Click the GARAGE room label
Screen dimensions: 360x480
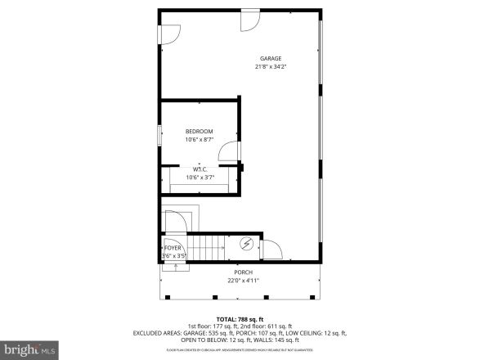click(x=271, y=58)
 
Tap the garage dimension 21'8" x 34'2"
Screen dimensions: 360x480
click(x=271, y=67)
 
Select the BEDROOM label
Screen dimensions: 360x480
click(x=199, y=132)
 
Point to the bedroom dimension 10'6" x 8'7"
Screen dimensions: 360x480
click(x=199, y=140)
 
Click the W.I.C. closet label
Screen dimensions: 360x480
click(x=199, y=169)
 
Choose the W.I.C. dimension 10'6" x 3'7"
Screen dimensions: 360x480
click(x=199, y=178)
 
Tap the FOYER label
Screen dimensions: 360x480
click(x=173, y=247)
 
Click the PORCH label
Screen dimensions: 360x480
click(x=243, y=272)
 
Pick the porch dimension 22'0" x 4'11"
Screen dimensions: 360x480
click(x=243, y=281)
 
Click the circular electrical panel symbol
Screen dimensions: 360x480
click(x=246, y=245)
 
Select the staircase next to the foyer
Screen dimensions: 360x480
click(x=209, y=246)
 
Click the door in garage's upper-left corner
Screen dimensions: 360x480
click(x=169, y=34)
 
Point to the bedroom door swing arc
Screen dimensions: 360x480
click(x=231, y=153)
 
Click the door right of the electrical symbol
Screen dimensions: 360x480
click(x=271, y=250)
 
